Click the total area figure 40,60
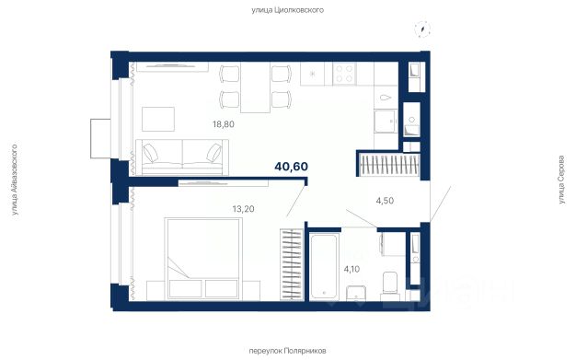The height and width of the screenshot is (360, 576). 292,167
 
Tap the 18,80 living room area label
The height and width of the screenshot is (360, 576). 224,124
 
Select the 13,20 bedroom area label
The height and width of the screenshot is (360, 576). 243,209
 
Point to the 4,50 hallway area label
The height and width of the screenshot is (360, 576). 385,201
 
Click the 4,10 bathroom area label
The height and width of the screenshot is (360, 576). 351,269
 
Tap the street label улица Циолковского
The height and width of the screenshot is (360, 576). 288,10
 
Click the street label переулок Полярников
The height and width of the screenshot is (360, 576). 287,351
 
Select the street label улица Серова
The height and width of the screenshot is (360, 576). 561,180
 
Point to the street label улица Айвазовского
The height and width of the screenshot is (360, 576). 15,180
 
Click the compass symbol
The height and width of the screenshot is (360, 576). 422,29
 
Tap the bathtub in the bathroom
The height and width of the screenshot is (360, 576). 323,266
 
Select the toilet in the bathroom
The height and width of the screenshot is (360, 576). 390,286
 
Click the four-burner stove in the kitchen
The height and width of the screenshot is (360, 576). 344,74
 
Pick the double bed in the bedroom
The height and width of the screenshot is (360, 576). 203,259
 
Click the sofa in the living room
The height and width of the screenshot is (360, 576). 182,157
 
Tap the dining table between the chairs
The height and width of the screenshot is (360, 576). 255,87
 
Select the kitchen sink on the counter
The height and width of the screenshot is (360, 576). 386,122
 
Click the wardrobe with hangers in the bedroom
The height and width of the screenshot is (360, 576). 292,264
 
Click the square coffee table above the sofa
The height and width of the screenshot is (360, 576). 158,119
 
